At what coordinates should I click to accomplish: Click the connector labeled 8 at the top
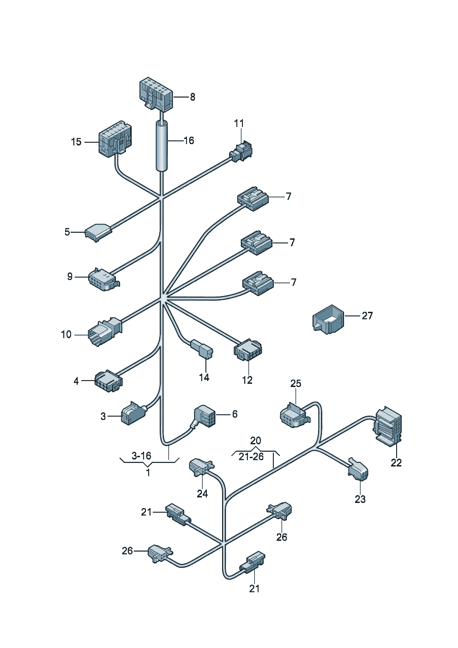(x=156, y=95)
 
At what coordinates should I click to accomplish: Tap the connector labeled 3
(x=133, y=413)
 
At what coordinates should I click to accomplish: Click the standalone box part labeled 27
(x=328, y=319)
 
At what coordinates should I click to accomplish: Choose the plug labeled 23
(x=359, y=469)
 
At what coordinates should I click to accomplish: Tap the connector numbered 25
(x=294, y=415)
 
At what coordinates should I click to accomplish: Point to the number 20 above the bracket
(x=255, y=441)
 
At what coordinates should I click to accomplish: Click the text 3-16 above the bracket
(x=141, y=456)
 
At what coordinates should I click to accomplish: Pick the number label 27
(x=367, y=315)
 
